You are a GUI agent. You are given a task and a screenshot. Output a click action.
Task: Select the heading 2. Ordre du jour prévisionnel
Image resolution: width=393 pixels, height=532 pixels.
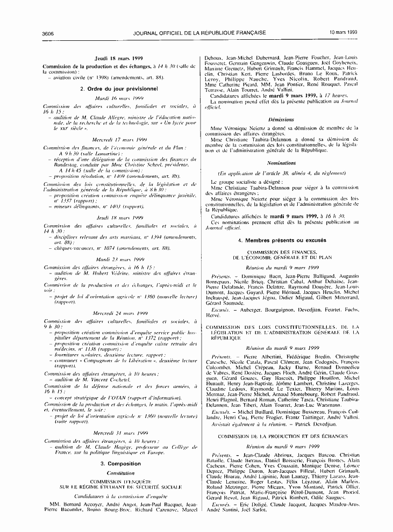118,88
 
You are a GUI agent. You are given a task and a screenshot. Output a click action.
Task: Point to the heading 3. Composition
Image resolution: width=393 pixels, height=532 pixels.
118,463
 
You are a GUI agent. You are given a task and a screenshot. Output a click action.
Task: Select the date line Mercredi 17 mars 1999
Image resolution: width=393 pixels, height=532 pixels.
118,139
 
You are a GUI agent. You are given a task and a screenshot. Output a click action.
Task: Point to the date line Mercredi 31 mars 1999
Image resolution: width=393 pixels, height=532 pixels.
118,433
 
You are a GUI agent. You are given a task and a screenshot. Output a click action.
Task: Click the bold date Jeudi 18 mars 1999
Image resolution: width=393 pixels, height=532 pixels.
118,57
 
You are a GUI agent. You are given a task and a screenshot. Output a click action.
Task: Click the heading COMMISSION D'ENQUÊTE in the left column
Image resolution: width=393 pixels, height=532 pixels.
118,483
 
